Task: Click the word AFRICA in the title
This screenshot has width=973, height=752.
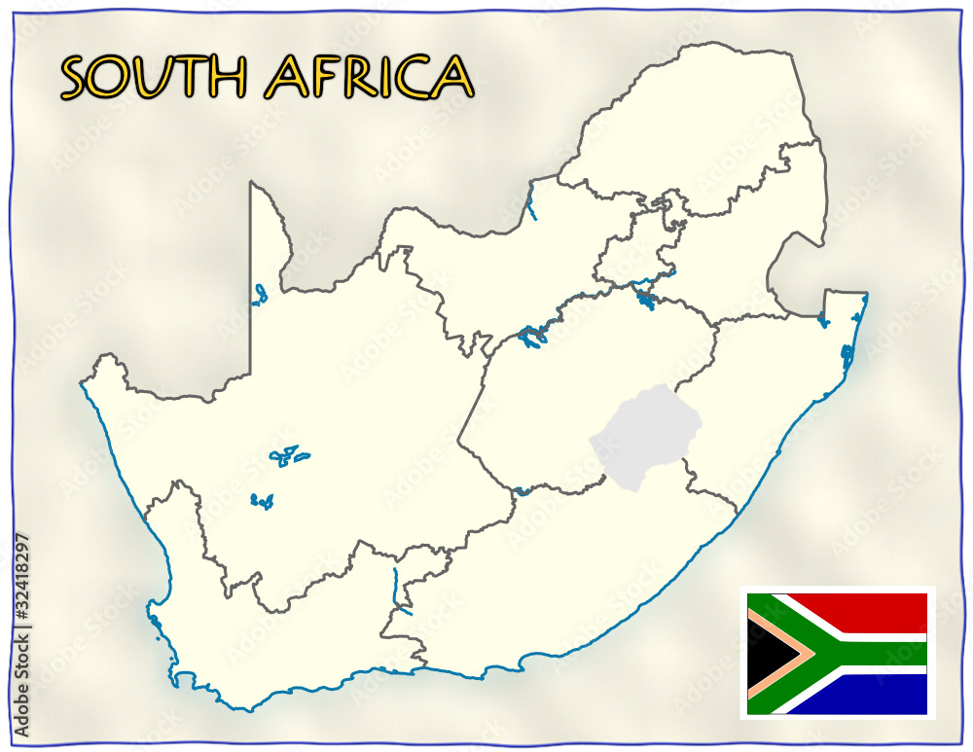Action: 369,77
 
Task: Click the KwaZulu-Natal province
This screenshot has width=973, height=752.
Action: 769,389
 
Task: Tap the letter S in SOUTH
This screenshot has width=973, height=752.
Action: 77,78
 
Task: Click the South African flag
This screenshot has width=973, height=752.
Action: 837,652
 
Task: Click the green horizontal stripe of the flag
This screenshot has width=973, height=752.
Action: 876,652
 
